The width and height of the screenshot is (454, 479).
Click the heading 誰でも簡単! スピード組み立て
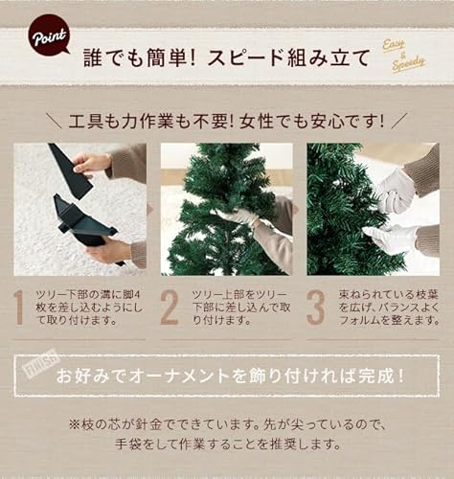(x=226, y=57)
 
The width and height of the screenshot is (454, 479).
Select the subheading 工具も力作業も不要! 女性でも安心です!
(x=227, y=122)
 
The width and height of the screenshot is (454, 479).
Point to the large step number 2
(x=170, y=307)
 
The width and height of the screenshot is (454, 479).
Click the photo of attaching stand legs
(x=80, y=209)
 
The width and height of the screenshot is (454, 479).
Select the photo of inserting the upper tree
(x=226, y=209)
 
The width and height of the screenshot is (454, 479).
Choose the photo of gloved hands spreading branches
(x=373, y=209)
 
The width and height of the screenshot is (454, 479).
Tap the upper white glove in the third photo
(x=394, y=192)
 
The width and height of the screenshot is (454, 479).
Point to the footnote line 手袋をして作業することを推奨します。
(x=227, y=445)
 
